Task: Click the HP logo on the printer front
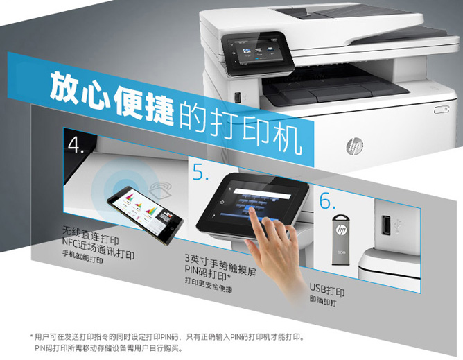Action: point(354,146)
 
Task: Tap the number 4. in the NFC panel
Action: point(76,144)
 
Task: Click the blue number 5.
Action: point(200,172)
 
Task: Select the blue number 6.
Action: point(328,200)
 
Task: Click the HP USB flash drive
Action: point(340,240)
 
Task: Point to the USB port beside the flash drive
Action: point(385,225)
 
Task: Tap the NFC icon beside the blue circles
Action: point(161,190)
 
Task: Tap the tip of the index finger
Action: point(252,209)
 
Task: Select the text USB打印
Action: point(327,290)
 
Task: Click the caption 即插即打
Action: point(323,301)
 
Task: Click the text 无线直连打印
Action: point(90,236)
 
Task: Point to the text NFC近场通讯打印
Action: point(98,248)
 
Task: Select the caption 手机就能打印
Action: point(82,257)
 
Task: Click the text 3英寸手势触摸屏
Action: point(220,264)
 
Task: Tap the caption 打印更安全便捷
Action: point(209,285)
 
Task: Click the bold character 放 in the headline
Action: point(65,87)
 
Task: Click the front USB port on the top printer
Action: point(238,97)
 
